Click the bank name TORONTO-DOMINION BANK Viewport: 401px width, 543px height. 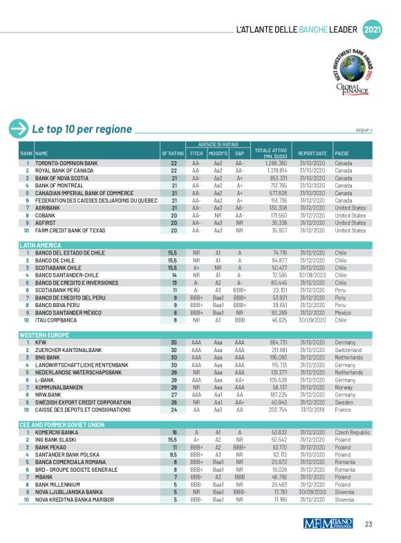(x=66, y=163)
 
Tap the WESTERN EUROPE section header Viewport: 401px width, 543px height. (x=43, y=334)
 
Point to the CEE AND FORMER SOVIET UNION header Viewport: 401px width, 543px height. (x=62, y=424)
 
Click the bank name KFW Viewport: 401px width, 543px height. (x=41, y=342)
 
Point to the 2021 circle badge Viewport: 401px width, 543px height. (x=372, y=30)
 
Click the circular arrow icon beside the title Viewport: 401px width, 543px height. (x=17, y=129)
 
